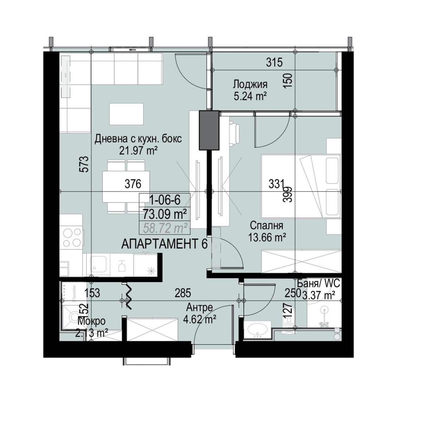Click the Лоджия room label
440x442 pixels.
pos(250,85)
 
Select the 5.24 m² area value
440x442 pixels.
pos(250,96)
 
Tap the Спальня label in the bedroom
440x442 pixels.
pos(267,226)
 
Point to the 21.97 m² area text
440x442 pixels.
pos(138,151)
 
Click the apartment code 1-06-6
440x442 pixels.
pos(165,200)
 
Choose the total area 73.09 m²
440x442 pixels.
pos(165,214)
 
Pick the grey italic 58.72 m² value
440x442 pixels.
pos(165,228)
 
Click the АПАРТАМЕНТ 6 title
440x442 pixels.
pos(165,244)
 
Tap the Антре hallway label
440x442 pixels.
pos(199,307)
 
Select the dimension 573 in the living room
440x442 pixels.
pos(84,164)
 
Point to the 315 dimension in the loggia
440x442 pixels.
pos(275,62)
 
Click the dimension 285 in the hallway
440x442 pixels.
pos(183,293)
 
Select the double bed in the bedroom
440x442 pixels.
pos(301,186)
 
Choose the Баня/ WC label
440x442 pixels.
pos(318,284)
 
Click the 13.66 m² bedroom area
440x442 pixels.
pos(267,237)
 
